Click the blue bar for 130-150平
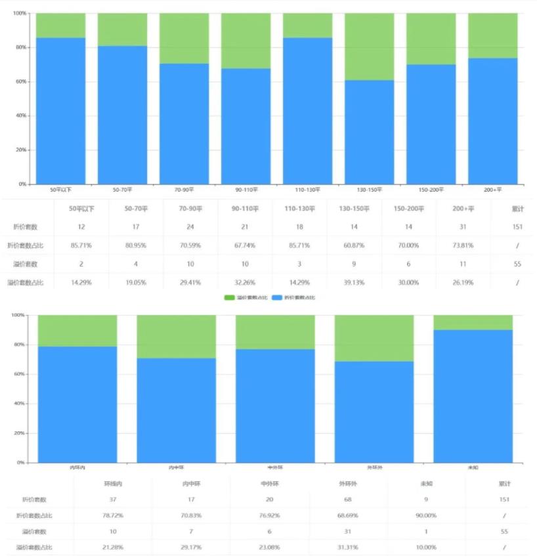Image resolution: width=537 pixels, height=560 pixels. pyautogui.click(x=370, y=131)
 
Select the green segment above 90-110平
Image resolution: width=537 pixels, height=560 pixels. pyautogui.click(x=246, y=40)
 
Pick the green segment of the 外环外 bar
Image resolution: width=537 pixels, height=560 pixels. pyautogui.click(x=374, y=338)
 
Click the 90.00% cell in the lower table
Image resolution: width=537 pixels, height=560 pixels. pyautogui.click(x=426, y=515)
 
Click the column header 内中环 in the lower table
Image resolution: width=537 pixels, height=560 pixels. pyautogui.click(x=191, y=484)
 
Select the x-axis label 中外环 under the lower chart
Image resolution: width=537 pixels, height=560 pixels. pyautogui.click(x=275, y=467)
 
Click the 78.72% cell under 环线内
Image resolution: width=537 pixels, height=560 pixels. pyautogui.click(x=113, y=515)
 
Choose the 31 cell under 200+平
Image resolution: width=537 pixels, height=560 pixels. pyautogui.click(x=463, y=227)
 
